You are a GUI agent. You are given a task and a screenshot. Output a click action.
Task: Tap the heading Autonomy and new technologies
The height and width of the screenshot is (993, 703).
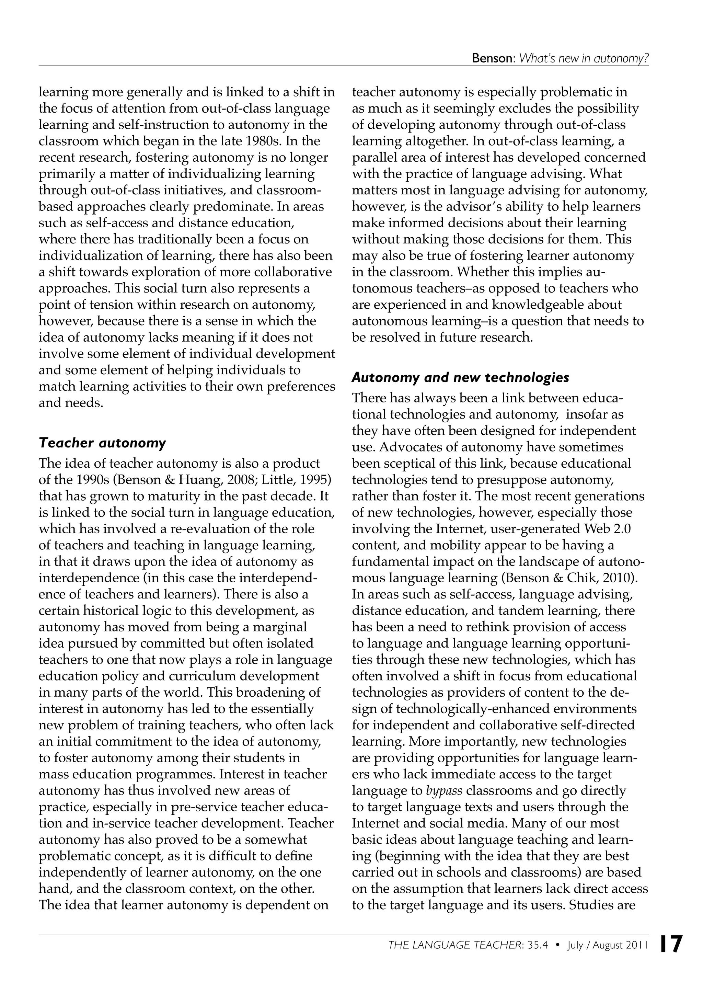pyautogui.click(x=460, y=378)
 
